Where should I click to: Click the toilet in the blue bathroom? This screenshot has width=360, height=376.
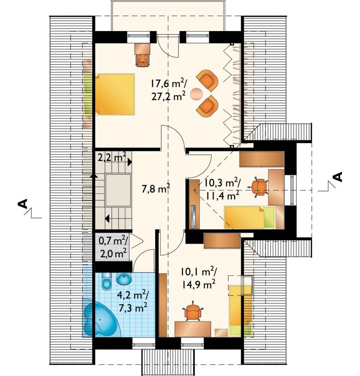[106, 281]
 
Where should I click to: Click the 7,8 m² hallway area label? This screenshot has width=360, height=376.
[156, 189]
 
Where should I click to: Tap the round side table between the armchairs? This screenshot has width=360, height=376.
[197, 94]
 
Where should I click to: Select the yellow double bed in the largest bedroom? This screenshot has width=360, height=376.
[115, 94]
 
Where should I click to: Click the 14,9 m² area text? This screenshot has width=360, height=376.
[198, 285]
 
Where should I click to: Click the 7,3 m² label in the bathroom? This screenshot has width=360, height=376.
[133, 308]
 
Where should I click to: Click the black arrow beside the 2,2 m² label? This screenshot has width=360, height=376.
[130, 162]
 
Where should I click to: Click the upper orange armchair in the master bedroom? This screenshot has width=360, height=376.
[207, 80]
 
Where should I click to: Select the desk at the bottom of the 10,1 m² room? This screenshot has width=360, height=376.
[193, 329]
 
